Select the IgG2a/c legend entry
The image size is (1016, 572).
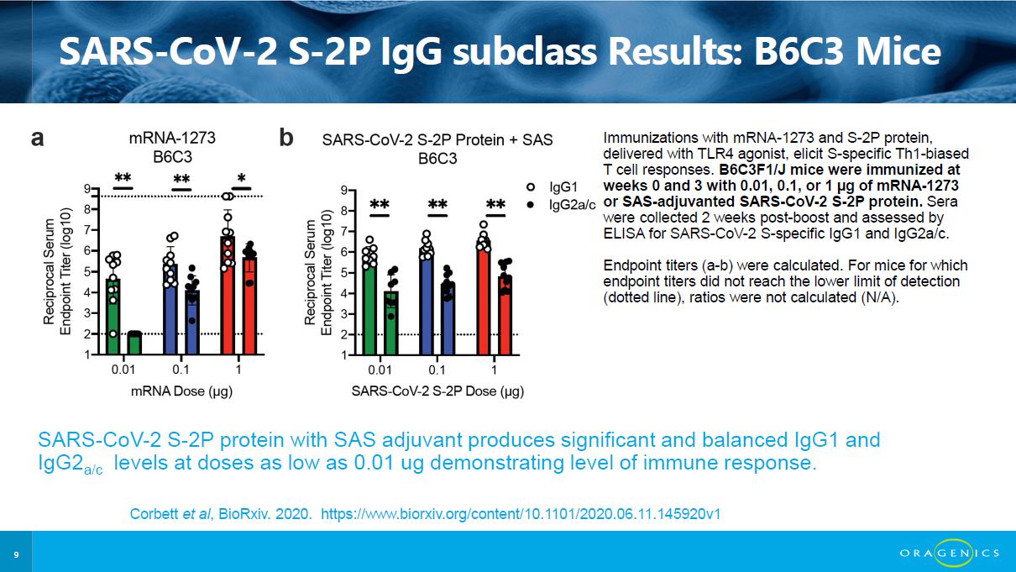coord(561,205)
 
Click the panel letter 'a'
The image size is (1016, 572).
coord(38,139)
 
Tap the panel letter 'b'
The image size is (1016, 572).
coord(286,137)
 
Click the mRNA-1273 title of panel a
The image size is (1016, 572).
coord(172,138)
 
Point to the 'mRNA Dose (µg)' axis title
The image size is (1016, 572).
coord(182,391)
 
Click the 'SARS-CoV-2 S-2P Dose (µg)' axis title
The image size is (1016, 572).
coord(437,391)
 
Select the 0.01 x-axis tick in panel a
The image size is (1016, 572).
coord(123,370)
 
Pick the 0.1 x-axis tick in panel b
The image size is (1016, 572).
coord(437,370)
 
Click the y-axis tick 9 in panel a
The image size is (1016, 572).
coord(86,188)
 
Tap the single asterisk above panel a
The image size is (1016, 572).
coord(241,178)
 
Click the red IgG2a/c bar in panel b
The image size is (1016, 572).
coord(505,316)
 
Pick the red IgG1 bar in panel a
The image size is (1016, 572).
coord(228,296)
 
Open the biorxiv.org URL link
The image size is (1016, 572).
coord(521,514)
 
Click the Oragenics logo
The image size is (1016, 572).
coord(950,553)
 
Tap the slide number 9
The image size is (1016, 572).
coord(16,554)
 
